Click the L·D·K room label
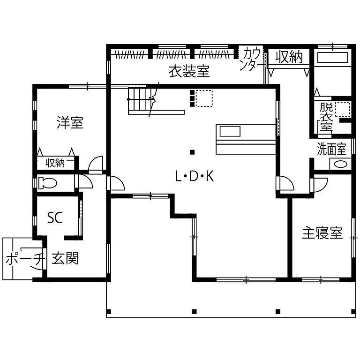(x=194, y=177)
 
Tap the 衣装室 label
(x=189, y=72)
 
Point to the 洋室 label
(x=70, y=123)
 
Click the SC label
(x=55, y=217)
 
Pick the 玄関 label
(x=65, y=258)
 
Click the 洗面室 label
(x=331, y=150)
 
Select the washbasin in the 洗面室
(x=341, y=165)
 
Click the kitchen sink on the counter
(x=230, y=131)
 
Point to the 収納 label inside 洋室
(x=55, y=163)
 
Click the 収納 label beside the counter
(x=288, y=57)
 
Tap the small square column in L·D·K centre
(x=192, y=152)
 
